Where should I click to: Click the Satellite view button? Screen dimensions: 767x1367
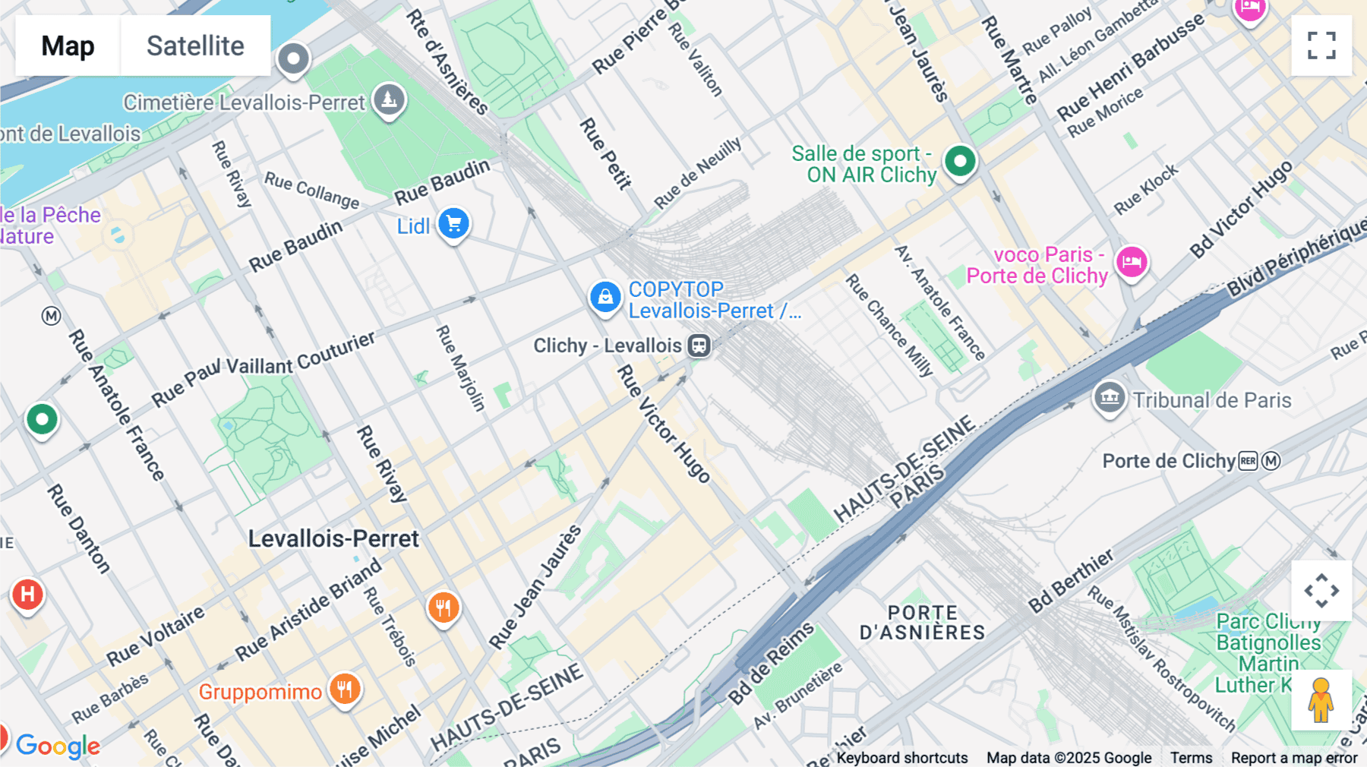click(195, 46)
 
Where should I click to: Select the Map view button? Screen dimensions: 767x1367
click(68, 46)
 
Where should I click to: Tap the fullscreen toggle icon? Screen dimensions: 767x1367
click(1321, 46)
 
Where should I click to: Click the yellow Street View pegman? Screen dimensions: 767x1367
click(1321, 699)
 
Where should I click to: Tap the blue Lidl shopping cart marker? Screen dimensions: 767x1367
click(454, 224)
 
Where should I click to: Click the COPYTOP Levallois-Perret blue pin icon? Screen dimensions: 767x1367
click(605, 297)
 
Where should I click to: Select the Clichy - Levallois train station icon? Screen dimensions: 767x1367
click(699, 346)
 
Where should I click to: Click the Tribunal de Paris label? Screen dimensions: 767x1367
click(1211, 400)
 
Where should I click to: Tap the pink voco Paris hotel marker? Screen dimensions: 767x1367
click(1132, 263)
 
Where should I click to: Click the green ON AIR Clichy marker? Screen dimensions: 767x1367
click(960, 161)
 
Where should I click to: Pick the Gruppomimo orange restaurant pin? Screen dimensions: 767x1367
click(345, 690)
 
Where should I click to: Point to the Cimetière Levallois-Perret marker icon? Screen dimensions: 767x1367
click(389, 99)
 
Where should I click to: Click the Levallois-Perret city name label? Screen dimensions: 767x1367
click(333, 538)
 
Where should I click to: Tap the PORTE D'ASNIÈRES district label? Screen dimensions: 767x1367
click(922, 623)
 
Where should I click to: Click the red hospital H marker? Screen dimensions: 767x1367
click(27, 594)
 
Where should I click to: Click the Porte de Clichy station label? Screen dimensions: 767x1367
click(1169, 461)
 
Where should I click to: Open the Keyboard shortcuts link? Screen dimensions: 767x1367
click(901, 757)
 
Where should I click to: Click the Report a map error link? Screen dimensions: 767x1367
click(1293, 757)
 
